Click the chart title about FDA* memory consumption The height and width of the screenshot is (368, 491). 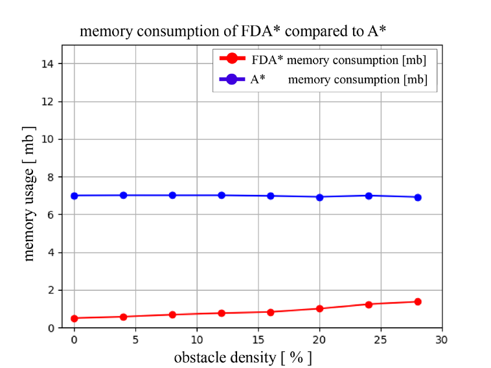[233, 31]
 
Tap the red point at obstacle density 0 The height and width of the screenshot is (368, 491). [74, 318]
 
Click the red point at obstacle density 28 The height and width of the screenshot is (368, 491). [418, 302]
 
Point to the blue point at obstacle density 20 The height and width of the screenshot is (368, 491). [319, 197]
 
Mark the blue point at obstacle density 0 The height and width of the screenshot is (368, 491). [74, 196]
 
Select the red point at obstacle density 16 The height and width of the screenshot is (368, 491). [271, 312]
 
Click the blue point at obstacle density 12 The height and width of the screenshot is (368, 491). [222, 195]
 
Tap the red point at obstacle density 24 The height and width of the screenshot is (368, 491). [369, 305]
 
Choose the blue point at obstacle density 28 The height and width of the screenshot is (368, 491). [418, 198]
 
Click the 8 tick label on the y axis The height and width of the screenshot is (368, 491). [53, 177]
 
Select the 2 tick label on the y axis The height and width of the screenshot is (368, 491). [53, 290]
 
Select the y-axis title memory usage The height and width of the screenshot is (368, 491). [29, 193]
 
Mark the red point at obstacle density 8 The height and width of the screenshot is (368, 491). [172, 315]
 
